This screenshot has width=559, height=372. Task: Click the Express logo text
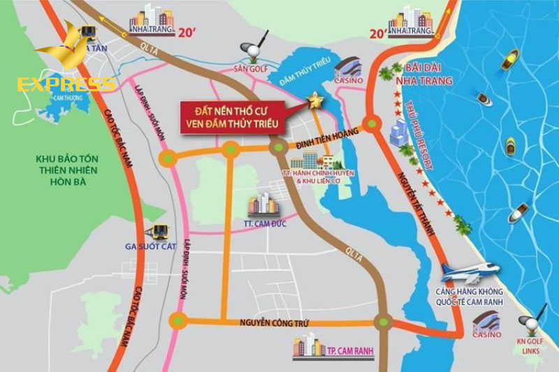pos(66,85)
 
